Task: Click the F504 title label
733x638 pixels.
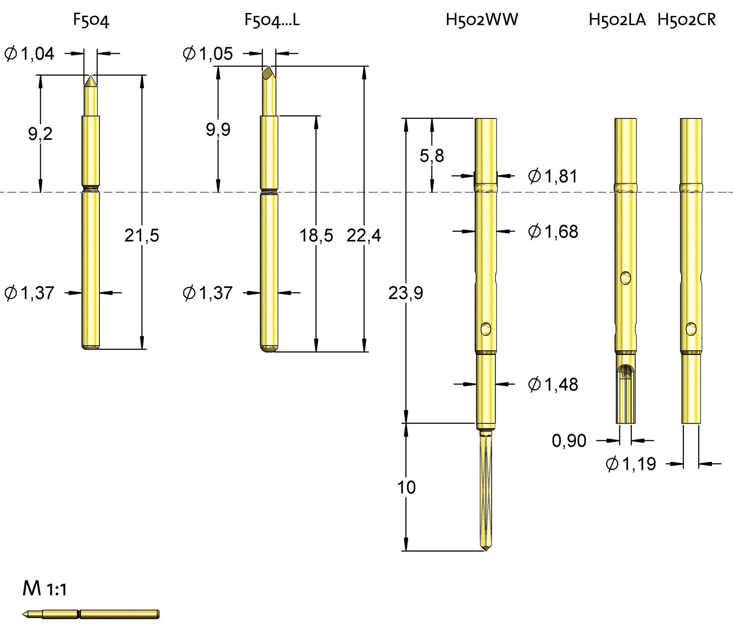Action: pyautogui.click(x=91, y=20)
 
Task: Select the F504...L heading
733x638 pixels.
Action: pyautogui.click(x=272, y=20)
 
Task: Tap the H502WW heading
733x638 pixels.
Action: pyautogui.click(x=482, y=20)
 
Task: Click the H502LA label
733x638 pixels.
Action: pyautogui.click(x=617, y=20)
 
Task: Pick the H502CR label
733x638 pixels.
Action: pyautogui.click(x=686, y=20)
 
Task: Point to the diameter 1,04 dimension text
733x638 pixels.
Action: pyautogui.click(x=29, y=53)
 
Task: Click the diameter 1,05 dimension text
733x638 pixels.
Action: pyautogui.click(x=208, y=53)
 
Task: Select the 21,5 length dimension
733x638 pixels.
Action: pyautogui.click(x=142, y=235)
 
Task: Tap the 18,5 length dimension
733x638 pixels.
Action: pyautogui.click(x=316, y=235)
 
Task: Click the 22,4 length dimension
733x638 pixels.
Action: pyautogui.click(x=363, y=235)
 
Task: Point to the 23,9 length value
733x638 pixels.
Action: pyautogui.click(x=405, y=293)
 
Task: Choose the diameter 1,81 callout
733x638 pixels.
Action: pyautogui.click(x=553, y=176)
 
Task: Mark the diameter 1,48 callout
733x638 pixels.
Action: pyautogui.click(x=553, y=384)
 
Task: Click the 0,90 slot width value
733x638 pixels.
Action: pyautogui.click(x=569, y=441)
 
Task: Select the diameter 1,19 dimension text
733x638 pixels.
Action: pyautogui.click(x=631, y=464)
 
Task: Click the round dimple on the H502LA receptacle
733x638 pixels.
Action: pyautogui.click(x=625, y=278)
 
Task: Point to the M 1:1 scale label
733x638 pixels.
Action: pyautogui.click(x=45, y=589)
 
